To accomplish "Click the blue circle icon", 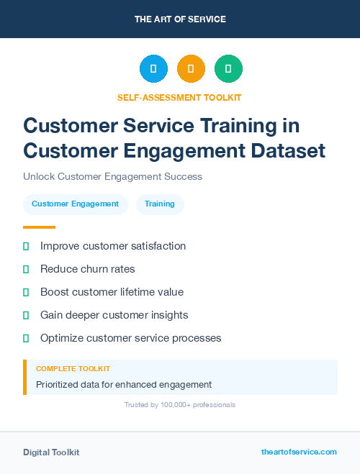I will (153, 68).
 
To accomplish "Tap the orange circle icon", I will (191, 68).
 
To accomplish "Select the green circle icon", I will (228, 68).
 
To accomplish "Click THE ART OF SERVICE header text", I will (180, 19).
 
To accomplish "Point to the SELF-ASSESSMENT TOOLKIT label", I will (179, 97).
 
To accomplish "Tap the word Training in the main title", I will (238, 126).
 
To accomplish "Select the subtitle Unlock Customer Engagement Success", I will (112, 176).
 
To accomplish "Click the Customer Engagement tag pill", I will (75, 204).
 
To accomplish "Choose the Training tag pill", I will (160, 204).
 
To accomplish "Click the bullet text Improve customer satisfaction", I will (113, 246).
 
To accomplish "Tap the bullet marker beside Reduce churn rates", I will (26, 269).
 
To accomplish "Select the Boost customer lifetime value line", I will (112, 292).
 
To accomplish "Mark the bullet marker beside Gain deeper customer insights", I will (26, 315).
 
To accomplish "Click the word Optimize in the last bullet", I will (62, 338).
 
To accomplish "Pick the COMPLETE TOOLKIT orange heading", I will (73, 368).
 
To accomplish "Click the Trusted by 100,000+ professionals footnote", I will (180, 405).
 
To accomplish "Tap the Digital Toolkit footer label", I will (51, 452).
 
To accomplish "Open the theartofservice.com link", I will (299, 452).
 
